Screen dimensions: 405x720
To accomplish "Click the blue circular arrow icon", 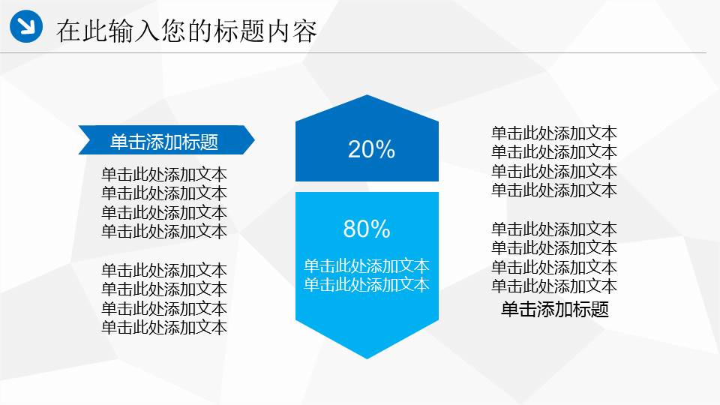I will [27, 27].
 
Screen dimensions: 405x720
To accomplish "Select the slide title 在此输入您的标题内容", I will [187, 31].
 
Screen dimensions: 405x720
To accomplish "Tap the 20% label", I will [371, 150].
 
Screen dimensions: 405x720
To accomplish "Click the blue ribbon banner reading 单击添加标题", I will [164, 141].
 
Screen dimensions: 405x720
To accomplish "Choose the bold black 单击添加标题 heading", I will [554, 309].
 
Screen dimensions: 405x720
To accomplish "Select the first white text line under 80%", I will [366, 265].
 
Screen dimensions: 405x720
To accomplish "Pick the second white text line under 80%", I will [366, 284].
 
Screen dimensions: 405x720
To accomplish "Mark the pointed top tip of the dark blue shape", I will [367, 97].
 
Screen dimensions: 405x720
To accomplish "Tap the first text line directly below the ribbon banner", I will [164, 175].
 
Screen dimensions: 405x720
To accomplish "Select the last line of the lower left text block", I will [164, 327].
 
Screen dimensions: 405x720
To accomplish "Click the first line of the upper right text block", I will [554, 133].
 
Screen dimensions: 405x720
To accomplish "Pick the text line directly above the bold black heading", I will [554, 286].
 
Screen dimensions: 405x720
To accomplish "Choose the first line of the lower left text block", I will [164, 270].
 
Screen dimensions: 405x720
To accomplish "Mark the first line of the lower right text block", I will [554, 229].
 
